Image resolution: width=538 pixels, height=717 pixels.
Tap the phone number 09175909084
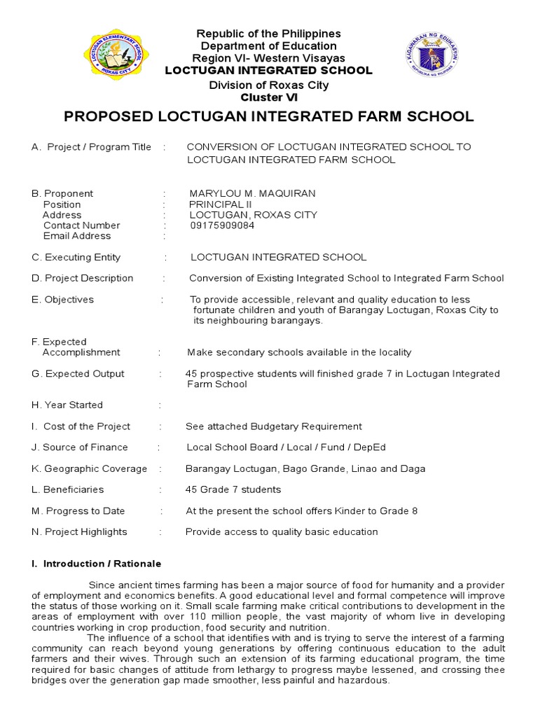tap(222, 225)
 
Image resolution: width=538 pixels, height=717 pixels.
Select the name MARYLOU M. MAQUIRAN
tap(252, 193)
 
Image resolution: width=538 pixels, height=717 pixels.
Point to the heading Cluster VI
tap(269, 97)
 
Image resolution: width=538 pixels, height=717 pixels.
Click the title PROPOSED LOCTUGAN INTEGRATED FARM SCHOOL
tap(269, 116)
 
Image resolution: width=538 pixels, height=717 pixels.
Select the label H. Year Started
tap(67, 405)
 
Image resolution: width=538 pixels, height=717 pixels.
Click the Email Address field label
tap(77, 236)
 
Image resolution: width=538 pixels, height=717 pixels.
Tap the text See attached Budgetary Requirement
tap(274, 426)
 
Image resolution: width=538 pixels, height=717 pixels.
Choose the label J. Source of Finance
tap(80, 447)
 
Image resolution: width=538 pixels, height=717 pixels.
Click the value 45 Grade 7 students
tap(233, 489)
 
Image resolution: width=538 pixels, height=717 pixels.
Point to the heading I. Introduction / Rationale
tap(97, 564)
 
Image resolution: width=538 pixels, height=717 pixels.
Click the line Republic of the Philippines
tap(268, 34)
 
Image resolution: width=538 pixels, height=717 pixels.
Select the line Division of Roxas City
tap(268, 85)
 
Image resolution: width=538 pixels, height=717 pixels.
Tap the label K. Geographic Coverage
tap(90, 468)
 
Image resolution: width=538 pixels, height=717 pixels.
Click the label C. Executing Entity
tap(76, 257)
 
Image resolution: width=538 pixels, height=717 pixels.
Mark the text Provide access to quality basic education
tap(282, 531)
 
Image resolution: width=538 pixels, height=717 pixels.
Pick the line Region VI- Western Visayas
tap(268, 58)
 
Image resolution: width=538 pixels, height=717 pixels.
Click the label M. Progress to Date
tap(78, 510)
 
